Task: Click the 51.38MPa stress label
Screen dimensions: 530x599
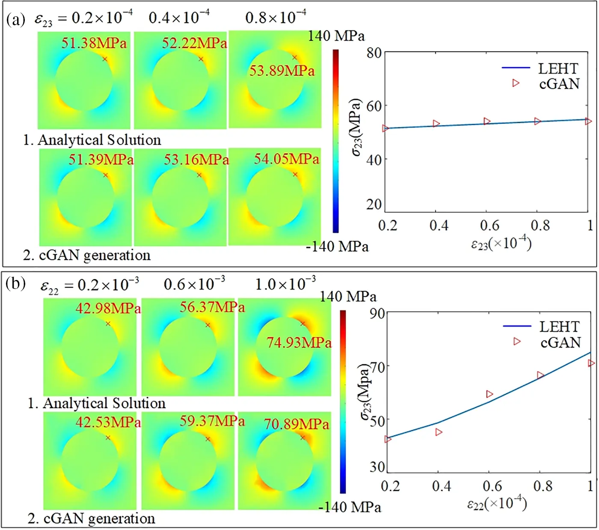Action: [x=94, y=43]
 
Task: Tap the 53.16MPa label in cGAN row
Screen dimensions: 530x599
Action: [x=196, y=160]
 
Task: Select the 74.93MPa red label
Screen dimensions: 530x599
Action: [x=299, y=342]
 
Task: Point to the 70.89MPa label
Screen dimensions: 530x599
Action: [x=296, y=424]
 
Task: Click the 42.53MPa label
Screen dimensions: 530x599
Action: [x=108, y=422]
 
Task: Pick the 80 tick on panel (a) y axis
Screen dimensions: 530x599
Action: [x=374, y=53]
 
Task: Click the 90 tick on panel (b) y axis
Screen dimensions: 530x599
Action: [x=377, y=313]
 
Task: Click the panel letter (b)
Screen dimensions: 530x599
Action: [x=16, y=283]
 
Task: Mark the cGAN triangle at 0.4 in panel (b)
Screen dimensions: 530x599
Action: [x=439, y=432]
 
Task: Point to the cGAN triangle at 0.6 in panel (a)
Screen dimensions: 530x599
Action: [x=487, y=121]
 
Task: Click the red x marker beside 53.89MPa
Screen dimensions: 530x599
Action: [x=294, y=57]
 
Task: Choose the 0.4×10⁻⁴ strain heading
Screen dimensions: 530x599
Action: [x=179, y=18]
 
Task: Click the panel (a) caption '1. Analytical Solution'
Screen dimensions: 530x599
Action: [x=92, y=140]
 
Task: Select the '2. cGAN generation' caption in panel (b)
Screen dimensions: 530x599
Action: [x=91, y=518]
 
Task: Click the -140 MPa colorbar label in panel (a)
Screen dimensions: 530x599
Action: [x=337, y=247]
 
